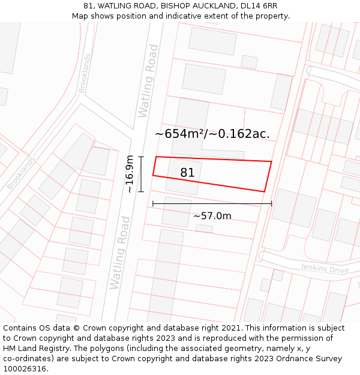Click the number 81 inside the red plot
click(187, 173)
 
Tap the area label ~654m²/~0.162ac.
click(212, 134)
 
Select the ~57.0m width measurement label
click(212, 215)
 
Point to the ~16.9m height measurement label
click(129, 174)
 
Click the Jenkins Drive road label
click(325, 269)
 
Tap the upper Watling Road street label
click(148, 80)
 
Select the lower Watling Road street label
click(120, 252)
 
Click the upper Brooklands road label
click(85, 73)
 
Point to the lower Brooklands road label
click(21, 173)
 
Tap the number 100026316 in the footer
click(23, 368)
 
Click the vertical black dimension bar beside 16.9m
click(141, 174)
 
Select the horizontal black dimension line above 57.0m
click(212, 204)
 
